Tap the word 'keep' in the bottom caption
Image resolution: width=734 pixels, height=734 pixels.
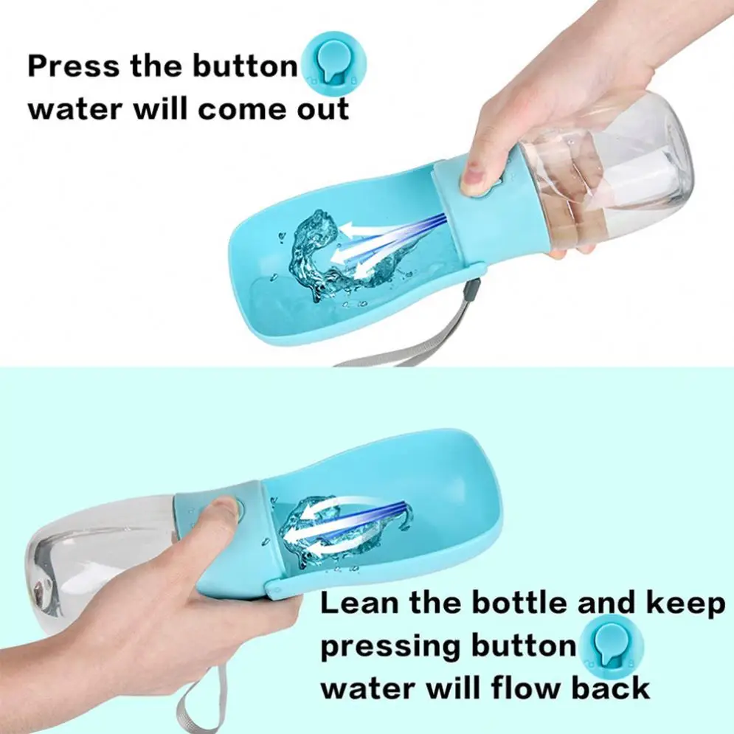[686, 605]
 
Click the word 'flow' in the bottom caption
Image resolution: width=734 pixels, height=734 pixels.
[512, 688]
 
